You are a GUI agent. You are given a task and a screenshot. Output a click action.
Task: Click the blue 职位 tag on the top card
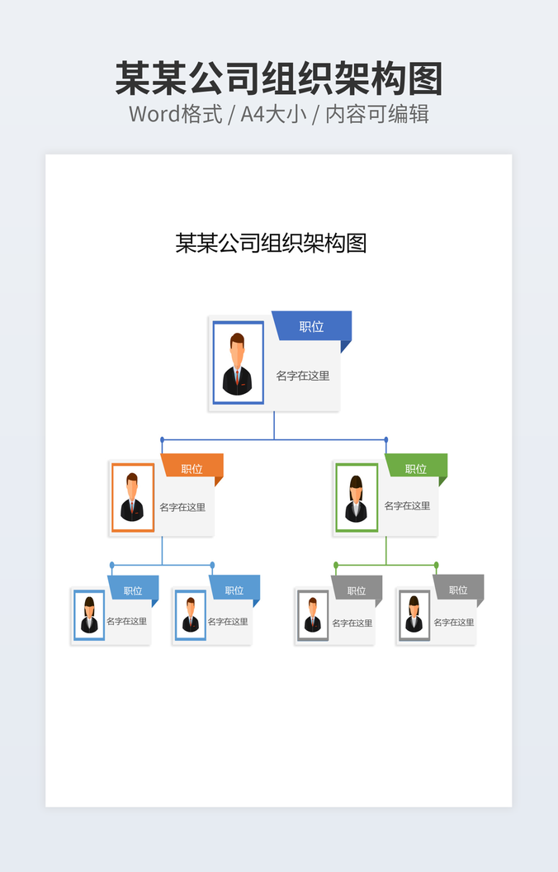click(x=311, y=326)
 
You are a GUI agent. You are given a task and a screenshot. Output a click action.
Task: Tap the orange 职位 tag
click(x=192, y=468)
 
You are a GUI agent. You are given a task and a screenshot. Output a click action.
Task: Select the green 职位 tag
click(x=416, y=468)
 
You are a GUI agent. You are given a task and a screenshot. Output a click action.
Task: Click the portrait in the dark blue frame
click(x=238, y=363)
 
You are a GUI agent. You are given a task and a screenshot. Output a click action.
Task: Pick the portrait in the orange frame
click(x=132, y=497)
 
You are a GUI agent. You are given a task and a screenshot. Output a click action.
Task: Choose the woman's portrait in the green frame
click(x=357, y=497)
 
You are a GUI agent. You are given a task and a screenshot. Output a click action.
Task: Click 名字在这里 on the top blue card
click(x=303, y=376)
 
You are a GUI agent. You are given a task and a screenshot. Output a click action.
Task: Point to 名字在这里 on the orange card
click(x=182, y=507)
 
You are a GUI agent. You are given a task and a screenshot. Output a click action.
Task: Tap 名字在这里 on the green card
click(x=407, y=505)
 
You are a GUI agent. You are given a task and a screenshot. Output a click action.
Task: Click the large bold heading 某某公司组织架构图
click(x=279, y=78)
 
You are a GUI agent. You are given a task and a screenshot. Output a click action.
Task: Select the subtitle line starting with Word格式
click(x=279, y=114)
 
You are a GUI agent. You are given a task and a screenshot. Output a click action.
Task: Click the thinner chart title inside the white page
click(x=271, y=243)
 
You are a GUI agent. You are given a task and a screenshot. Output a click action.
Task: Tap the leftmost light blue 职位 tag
click(x=133, y=590)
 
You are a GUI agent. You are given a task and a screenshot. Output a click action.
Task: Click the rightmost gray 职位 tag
click(x=458, y=590)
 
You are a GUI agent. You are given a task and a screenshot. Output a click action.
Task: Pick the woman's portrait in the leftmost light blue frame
click(x=89, y=615)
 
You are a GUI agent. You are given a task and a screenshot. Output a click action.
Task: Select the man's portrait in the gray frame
click(x=313, y=615)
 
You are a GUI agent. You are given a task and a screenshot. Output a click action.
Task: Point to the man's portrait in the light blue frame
click(x=191, y=615)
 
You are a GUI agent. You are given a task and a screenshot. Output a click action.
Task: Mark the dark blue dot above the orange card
click(x=162, y=439)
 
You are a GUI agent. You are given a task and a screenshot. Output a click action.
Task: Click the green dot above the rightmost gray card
click(x=436, y=565)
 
